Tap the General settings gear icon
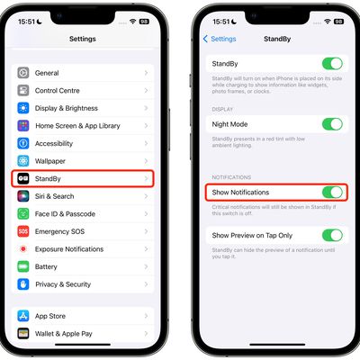point(23,73)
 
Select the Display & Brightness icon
point(23,108)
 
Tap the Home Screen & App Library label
point(77,126)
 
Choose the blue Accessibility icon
point(23,143)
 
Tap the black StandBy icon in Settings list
point(23,178)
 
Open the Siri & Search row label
point(55,196)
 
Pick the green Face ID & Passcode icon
point(23,213)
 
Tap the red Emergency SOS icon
point(23,231)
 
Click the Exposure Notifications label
point(68,248)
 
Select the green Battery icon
point(23,266)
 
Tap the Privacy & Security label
point(63,284)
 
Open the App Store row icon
point(23,316)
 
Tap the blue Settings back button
point(220,39)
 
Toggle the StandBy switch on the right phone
point(332,64)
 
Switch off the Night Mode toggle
point(332,124)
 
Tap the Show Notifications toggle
point(332,193)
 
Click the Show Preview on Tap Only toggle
point(332,235)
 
